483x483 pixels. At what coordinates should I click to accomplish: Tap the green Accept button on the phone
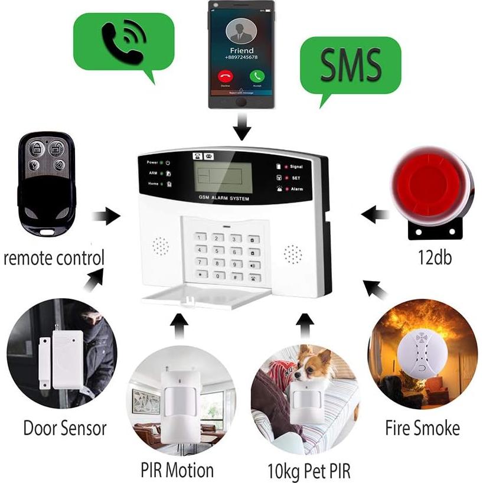point(256,76)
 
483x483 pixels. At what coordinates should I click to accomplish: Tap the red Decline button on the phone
point(225,76)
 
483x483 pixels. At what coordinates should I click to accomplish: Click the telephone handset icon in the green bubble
point(122,43)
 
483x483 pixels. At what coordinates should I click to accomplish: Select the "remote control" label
point(54,258)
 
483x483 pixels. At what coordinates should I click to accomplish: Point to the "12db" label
point(433,258)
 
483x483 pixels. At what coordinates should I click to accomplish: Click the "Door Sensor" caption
point(65,427)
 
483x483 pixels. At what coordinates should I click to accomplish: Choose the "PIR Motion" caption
point(177,471)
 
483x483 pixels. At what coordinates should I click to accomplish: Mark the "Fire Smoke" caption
point(422,427)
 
